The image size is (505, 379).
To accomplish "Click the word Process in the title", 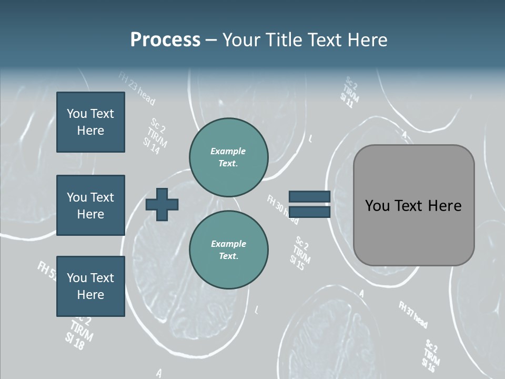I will (x=165, y=40).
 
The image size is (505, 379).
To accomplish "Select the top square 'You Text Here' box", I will (x=90, y=122).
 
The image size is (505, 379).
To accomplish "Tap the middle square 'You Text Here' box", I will (x=90, y=205).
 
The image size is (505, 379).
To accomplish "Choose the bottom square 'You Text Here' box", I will (x=90, y=286).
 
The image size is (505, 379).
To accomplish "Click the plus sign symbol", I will (x=162, y=204).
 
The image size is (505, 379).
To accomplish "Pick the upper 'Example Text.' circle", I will (x=229, y=157).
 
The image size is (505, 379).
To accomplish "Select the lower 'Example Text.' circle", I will (x=229, y=250).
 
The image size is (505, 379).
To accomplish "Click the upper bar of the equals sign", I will (x=310, y=196).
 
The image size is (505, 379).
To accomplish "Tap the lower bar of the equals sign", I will (x=310, y=212).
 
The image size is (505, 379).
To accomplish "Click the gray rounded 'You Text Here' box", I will (x=413, y=205).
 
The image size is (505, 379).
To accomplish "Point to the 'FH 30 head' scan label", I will (x=282, y=207).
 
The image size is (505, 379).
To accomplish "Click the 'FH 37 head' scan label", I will (x=413, y=314).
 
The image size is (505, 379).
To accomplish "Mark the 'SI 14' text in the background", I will (x=151, y=146).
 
